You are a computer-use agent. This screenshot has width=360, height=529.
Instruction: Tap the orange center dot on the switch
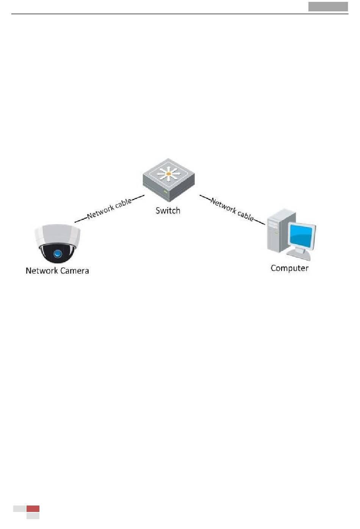(169, 174)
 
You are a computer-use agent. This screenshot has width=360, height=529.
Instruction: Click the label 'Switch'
(168, 211)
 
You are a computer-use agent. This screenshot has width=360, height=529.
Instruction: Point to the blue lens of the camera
(58, 254)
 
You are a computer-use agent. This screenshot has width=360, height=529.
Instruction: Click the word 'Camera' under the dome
(74, 271)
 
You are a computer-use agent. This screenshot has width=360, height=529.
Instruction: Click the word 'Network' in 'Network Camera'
(41, 271)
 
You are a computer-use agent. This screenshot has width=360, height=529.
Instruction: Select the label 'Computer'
(290, 268)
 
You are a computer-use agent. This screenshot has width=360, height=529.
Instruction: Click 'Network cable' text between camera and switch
(109, 208)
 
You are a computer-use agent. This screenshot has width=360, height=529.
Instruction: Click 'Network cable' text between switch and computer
(232, 209)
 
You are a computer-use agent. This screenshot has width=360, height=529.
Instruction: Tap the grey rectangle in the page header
(328, 6)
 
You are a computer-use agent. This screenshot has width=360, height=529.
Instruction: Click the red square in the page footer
(33, 509)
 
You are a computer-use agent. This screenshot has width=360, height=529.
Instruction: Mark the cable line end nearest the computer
(264, 224)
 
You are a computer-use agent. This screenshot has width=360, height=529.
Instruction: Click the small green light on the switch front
(165, 192)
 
